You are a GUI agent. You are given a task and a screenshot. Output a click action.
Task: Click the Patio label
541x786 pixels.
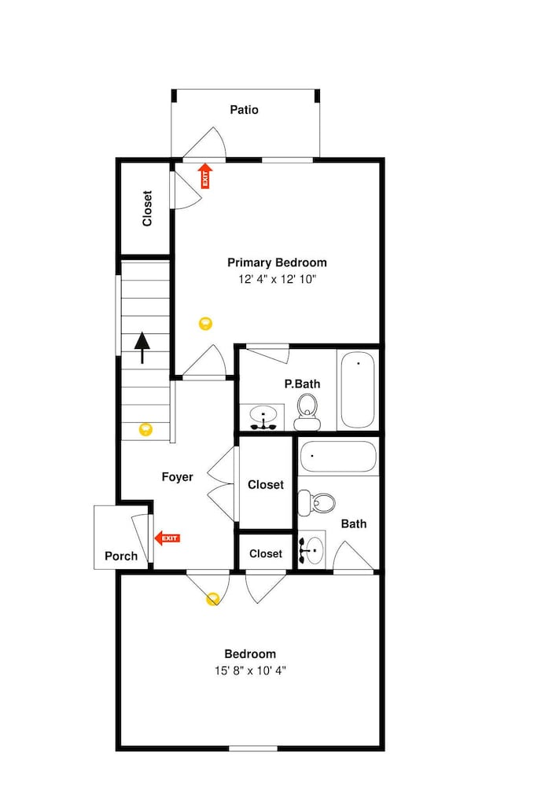pos(245,110)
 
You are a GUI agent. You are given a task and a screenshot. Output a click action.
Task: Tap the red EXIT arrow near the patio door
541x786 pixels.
pos(205,176)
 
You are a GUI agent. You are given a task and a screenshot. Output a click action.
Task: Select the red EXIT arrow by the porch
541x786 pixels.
pos(167,538)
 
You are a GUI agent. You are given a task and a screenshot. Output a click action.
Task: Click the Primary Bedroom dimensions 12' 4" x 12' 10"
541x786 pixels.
pos(278,279)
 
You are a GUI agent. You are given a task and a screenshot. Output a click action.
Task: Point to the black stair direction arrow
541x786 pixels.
pos(142,347)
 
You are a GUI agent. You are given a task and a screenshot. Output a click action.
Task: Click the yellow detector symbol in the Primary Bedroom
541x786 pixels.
pos(205,323)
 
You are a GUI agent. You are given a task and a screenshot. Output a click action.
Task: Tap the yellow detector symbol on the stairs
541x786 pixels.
pos(145,429)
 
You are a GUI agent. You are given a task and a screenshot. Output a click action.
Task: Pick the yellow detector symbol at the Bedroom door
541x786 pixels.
pos(212,599)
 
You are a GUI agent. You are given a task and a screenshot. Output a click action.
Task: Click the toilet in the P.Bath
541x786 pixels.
pos(307,412)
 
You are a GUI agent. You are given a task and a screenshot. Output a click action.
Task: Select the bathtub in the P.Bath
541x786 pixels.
pos(358,390)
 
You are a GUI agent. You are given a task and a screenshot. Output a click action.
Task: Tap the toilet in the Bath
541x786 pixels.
pos(316,503)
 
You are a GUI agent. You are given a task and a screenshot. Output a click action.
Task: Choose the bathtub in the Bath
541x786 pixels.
pos(337,457)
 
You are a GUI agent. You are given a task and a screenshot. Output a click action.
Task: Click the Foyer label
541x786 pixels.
pos(177,477)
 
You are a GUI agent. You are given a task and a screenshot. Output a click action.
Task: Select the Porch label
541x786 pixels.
pos(121,556)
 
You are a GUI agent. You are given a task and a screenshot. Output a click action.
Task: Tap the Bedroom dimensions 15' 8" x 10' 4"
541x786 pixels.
pos(250,670)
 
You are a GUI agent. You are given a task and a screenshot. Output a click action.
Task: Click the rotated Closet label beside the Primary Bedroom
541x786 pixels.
pos(147,208)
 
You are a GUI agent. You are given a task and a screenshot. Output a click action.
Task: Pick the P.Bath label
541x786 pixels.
pos(302,384)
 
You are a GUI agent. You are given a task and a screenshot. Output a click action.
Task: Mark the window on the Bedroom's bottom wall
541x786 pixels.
pos(253,748)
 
